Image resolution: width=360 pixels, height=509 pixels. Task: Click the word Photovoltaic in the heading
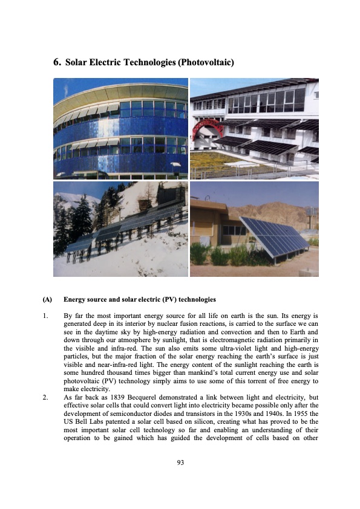pyautogui.click(x=204, y=62)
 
